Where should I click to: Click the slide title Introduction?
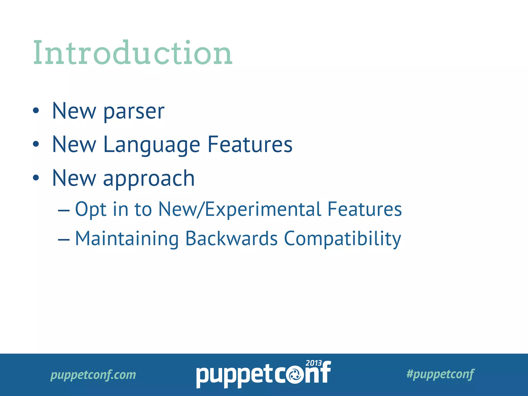click(133, 53)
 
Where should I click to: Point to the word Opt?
click(90, 209)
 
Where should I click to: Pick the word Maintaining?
click(127, 239)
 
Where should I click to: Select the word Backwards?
click(231, 238)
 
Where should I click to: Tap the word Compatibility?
click(342, 239)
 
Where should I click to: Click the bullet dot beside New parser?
click(36, 111)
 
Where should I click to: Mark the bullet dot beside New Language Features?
click(36, 144)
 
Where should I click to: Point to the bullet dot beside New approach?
click(36, 178)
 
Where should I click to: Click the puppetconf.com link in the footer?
click(93, 375)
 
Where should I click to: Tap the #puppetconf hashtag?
click(440, 374)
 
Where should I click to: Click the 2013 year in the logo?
click(313, 363)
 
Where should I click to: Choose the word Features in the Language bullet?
click(250, 145)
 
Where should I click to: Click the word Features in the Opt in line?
click(364, 209)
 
